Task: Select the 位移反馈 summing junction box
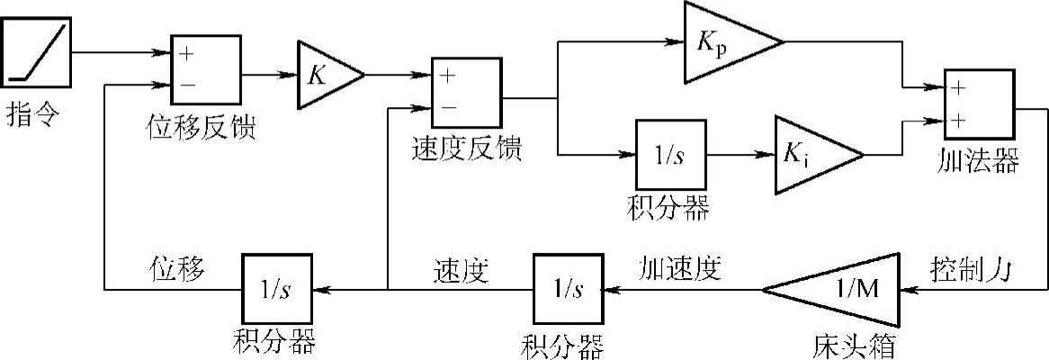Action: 205,70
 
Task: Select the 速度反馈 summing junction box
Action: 468,93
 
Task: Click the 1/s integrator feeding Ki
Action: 670,154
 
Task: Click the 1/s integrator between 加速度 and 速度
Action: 568,290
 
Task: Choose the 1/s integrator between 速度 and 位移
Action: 276,290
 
